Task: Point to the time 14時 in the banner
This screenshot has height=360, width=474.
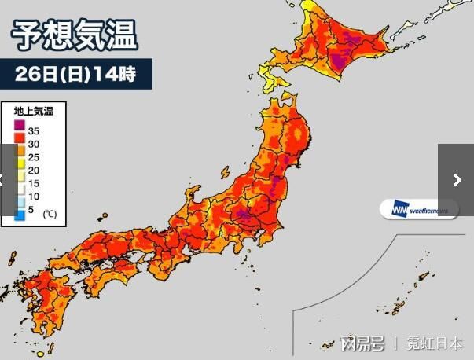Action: (x=115, y=74)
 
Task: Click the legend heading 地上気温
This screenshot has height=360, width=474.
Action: (x=33, y=112)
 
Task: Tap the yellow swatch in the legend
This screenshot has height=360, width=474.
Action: (x=19, y=167)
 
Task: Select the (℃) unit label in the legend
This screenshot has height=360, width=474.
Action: (x=49, y=213)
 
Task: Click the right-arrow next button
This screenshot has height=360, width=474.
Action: (x=457, y=180)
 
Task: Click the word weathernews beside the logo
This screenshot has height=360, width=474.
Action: (x=428, y=210)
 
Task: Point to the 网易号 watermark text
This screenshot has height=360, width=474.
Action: (x=362, y=343)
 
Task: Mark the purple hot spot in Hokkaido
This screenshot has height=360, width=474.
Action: (x=340, y=59)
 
